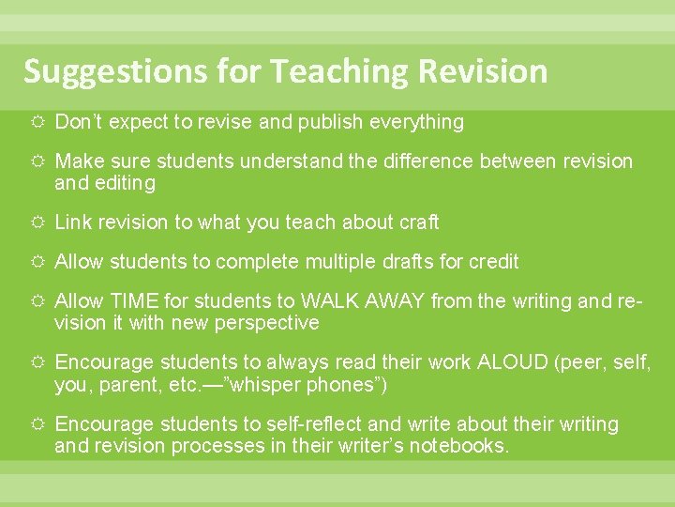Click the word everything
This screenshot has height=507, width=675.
417,122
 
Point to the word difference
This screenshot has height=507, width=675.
428,161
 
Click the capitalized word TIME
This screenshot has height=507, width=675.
135,301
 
